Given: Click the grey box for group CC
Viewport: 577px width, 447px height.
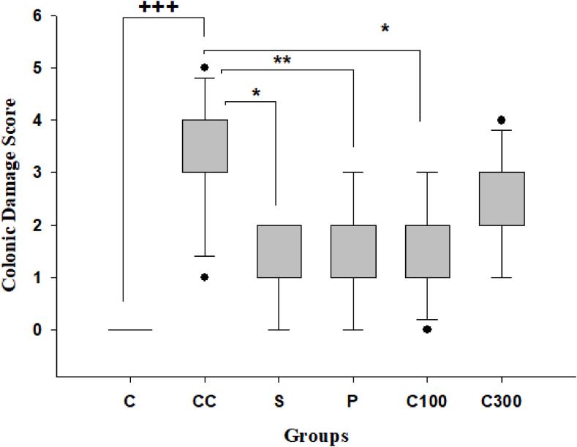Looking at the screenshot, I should pyautogui.click(x=205, y=146).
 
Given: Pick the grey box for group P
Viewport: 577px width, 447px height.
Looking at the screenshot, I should pyautogui.click(x=353, y=251).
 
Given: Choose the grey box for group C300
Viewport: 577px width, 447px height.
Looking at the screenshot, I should pyautogui.click(x=502, y=198).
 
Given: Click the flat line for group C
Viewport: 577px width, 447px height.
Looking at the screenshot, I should pyautogui.click(x=130, y=330).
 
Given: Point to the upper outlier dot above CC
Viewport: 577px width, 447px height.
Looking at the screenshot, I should pyautogui.click(x=205, y=67).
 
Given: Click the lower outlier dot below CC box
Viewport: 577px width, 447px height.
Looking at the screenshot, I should pyautogui.click(x=205, y=277).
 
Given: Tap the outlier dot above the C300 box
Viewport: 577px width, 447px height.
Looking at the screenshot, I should pyautogui.click(x=502, y=120).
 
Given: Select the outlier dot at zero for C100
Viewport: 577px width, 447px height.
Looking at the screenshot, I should pyautogui.click(x=427, y=330).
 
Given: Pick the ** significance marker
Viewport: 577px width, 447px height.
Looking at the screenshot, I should pyautogui.click(x=282, y=60).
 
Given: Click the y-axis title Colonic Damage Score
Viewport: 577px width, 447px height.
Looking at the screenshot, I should pyautogui.click(x=12, y=186).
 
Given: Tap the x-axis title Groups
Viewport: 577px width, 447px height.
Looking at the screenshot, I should pyautogui.click(x=316, y=436).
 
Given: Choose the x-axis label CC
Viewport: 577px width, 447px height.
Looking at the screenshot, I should pyautogui.click(x=205, y=402).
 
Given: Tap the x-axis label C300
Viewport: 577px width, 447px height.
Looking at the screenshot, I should pyautogui.click(x=502, y=402).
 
